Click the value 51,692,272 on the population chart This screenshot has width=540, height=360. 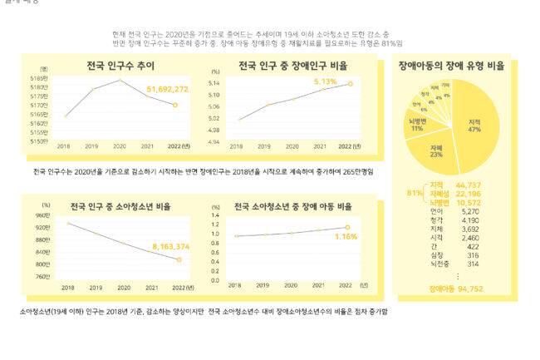(167, 88)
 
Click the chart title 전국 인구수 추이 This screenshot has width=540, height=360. (120, 65)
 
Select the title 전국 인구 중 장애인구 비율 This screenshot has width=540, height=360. (292, 65)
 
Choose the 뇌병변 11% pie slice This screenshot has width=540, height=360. (417, 125)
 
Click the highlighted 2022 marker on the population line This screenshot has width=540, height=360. (174, 105)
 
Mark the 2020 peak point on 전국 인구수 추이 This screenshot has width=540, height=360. (120, 80)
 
